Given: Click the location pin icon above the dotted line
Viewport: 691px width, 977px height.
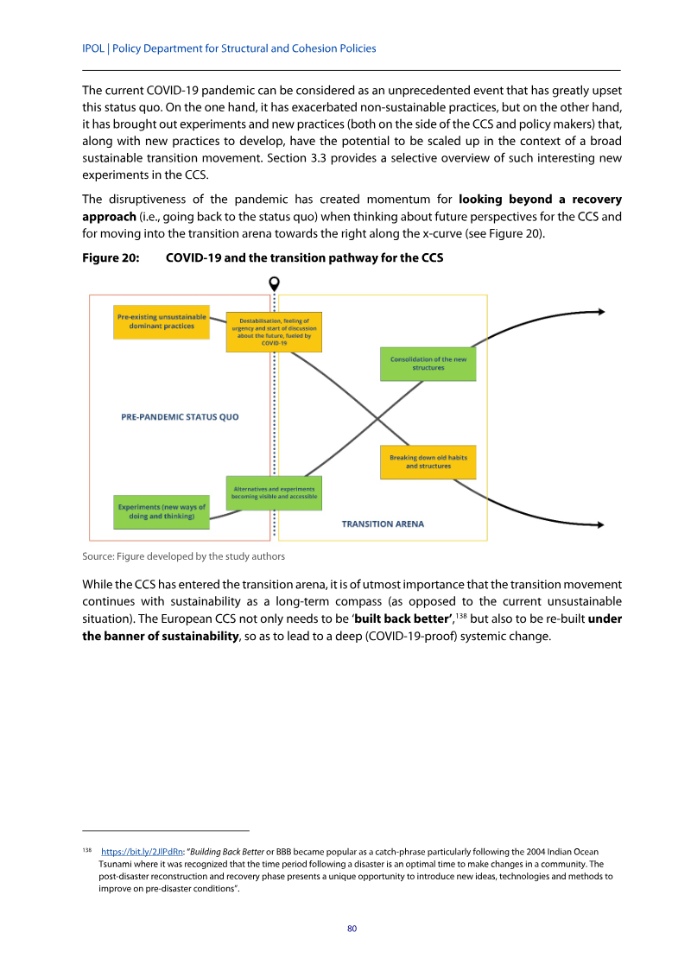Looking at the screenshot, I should (x=275, y=283).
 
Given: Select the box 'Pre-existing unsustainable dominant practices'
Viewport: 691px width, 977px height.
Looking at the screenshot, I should (x=161, y=321).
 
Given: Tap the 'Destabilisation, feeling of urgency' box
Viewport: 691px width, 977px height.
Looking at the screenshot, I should (x=274, y=332).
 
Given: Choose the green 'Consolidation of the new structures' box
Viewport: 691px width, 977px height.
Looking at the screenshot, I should (x=428, y=364).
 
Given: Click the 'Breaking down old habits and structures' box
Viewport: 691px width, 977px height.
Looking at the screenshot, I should (x=428, y=462).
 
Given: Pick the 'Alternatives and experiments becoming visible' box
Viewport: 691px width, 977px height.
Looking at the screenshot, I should (x=274, y=492).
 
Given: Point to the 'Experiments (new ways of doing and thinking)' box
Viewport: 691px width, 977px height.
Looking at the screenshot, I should (x=161, y=511).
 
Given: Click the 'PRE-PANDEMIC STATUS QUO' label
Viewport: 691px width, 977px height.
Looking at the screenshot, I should (x=180, y=417).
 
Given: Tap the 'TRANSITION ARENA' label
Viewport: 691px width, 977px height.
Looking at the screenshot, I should (x=383, y=523).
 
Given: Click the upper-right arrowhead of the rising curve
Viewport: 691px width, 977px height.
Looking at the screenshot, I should (x=599, y=312).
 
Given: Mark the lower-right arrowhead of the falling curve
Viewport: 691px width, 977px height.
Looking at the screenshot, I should (x=599, y=524).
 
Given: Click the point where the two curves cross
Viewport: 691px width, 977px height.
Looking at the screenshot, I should (x=378, y=421).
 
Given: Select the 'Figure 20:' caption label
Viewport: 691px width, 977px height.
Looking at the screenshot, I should (x=111, y=258).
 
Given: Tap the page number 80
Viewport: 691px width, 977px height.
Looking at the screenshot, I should (x=352, y=929).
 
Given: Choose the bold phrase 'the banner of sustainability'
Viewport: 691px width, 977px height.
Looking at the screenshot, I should (x=161, y=638).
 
